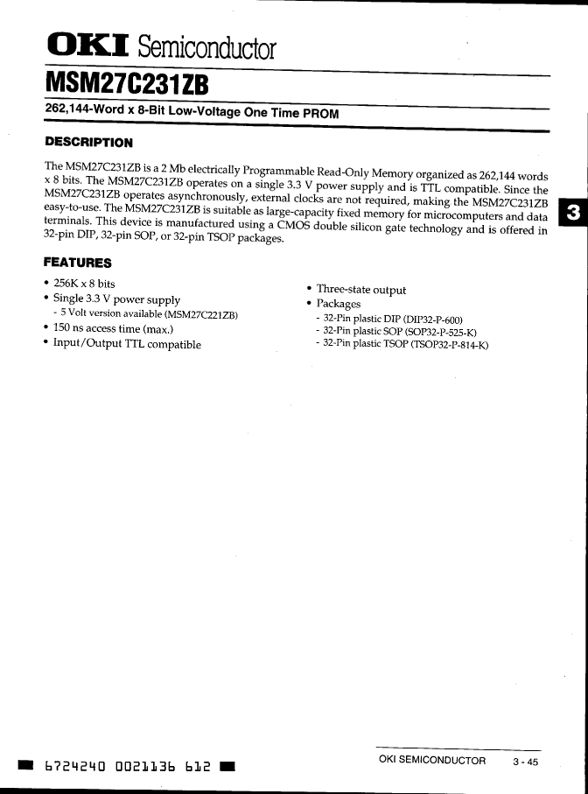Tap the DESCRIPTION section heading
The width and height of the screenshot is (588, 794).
coord(88,143)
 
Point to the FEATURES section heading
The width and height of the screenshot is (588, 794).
coord(78,263)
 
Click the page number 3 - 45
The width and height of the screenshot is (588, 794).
coord(526,762)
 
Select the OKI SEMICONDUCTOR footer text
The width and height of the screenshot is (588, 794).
coord(431,761)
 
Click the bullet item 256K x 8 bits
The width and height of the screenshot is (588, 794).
coord(84,284)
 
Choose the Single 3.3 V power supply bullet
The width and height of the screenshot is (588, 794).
coord(116,299)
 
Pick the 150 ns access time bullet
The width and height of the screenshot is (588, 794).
coord(113,329)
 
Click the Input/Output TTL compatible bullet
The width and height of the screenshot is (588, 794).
coord(127,344)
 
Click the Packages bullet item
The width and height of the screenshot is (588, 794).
coord(339,304)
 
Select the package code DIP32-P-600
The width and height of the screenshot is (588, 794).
coord(433,319)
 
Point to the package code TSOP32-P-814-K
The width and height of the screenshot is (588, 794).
coord(446,344)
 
